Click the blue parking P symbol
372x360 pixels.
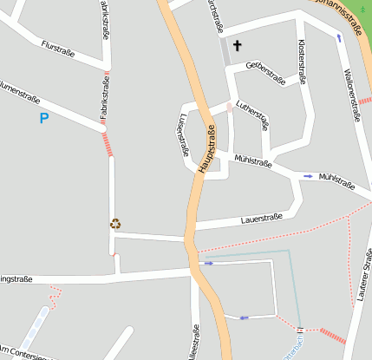click(x=43, y=117)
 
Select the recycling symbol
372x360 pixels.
click(x=115, y=223)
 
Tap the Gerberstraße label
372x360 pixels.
click(x=266, y=74)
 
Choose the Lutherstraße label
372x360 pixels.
click(x=252, y=114)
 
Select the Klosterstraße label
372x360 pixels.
click(x=302, y=60)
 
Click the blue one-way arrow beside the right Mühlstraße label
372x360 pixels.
click(x=308, y=176)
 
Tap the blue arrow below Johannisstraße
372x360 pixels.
click(x=338, y=38)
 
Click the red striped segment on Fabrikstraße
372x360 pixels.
click(x=108, y=143)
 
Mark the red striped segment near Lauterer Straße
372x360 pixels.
click(x=332, y=335)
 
